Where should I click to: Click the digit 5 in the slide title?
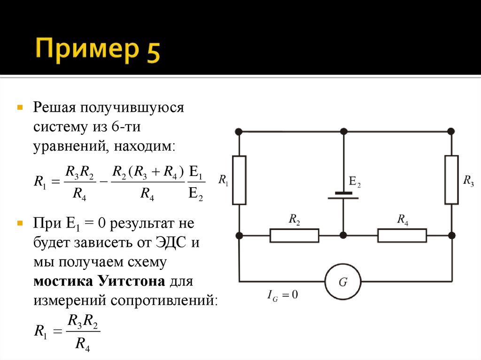149,51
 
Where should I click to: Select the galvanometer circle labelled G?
343,282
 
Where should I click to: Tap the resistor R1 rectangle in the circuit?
239,180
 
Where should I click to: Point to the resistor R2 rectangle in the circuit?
294,235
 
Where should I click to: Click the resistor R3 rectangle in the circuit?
451,180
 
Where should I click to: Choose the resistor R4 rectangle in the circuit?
402,235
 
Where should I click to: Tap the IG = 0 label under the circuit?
282,295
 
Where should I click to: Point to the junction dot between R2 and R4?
343,235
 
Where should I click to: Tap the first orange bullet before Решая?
20,107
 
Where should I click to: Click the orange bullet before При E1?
20,222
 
